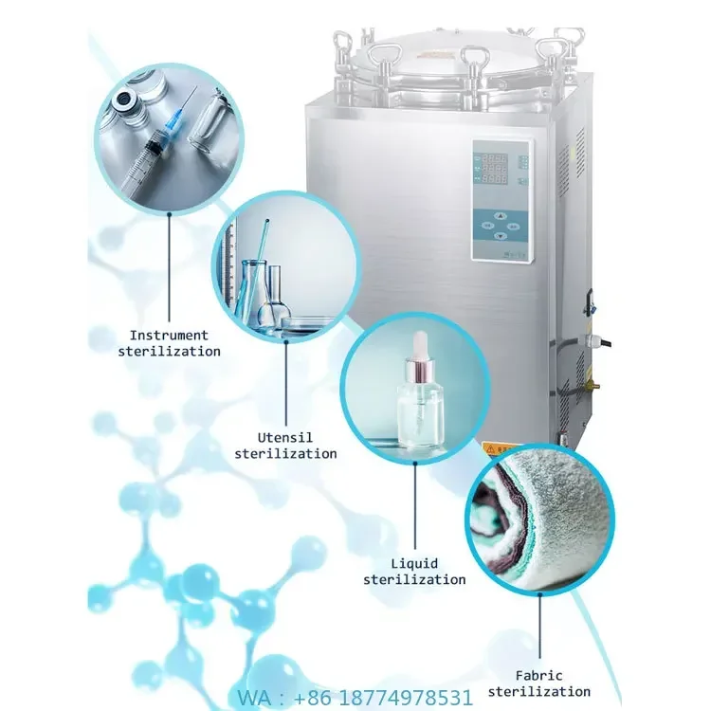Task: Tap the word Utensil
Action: click(285, 437)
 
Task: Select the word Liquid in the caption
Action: click(414, 563)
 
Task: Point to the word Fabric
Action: click(539, 676)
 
